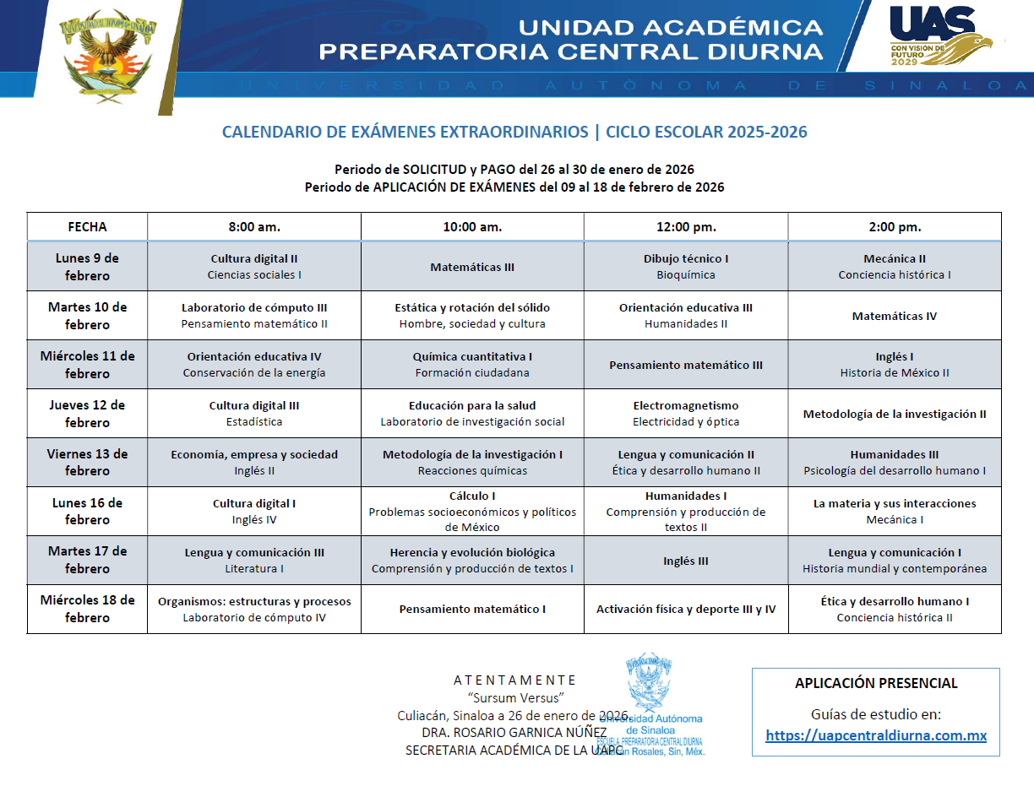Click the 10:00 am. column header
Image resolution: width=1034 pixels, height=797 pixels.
(472, 227)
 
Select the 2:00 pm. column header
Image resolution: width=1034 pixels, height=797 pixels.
(895, 227)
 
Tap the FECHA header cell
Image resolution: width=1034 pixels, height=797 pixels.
(87, 227)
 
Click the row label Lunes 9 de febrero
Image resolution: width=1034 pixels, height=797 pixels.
(87, 267)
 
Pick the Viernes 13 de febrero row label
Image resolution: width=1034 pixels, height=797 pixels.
(87, 462)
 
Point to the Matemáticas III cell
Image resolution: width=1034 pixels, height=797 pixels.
(472, 267)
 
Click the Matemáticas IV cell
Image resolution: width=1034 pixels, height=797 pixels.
(895, 316)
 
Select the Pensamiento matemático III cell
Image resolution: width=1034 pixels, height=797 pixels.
(685, 365)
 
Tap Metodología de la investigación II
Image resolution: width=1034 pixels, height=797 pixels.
(895, 414)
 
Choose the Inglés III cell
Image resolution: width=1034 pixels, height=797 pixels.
(685, 561)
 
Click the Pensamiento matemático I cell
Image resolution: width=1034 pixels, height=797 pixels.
(472, 609)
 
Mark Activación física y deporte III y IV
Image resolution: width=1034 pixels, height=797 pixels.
(685, 609)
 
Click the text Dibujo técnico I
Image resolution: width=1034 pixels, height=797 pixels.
(685, 258)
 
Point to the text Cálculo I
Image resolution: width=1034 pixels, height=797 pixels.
(472, 496)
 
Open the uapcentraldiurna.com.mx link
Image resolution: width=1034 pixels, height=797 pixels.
(876, 735)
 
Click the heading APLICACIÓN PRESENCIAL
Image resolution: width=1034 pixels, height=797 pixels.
(876, 683)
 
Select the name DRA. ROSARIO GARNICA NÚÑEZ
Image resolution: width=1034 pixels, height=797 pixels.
(514, 731)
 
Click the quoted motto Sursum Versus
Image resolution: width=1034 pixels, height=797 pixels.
(515, 697)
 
